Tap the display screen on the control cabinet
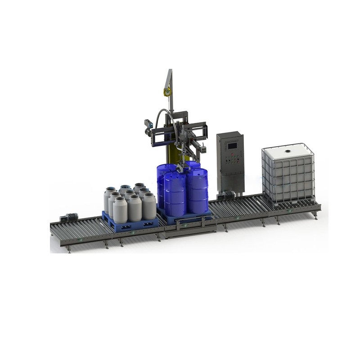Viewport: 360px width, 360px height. point(232,145)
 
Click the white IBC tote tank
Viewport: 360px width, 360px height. point(288,173)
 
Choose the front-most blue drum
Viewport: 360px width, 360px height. point(175,194)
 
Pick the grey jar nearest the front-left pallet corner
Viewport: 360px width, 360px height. point(120,210)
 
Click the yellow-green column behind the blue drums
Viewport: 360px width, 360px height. point(172,151)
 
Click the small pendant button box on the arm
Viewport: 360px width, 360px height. point(203,147)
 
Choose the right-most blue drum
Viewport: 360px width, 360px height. point(198,190)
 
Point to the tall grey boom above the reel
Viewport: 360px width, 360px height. point(169,76)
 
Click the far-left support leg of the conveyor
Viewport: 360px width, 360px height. point(69,248)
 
